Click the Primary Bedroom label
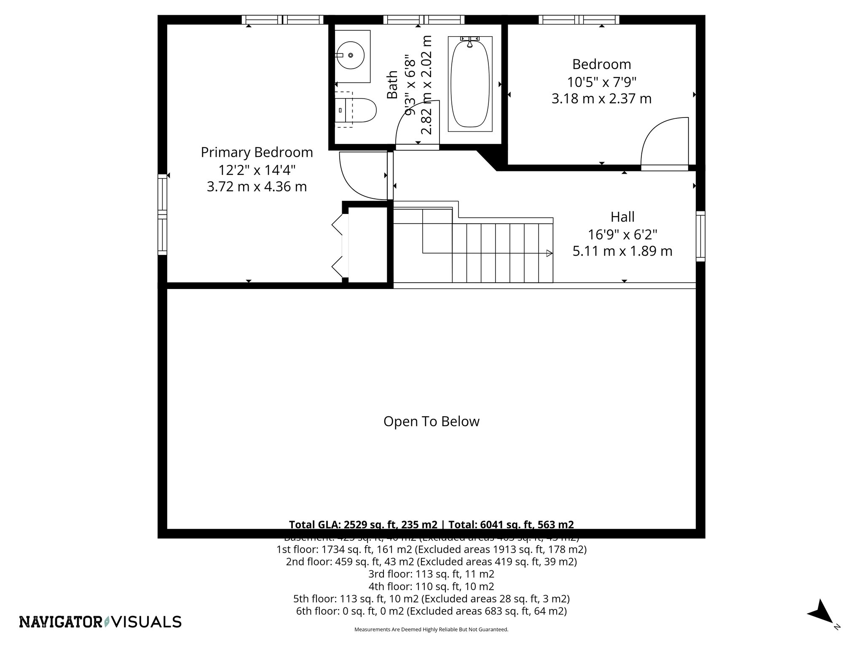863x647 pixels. pyautogui.click(x=257, y=152)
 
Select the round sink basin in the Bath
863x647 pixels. pyautogui.click(x=350, y=55)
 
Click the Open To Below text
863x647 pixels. pyautogui.click(x=431, y=422)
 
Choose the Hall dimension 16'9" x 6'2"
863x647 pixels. pyautogui.click(x=622, y=234)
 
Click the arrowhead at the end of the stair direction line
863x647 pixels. pyautogui.click(x=549, y=253)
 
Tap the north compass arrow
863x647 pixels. pyautogui.click(x=820, y=623)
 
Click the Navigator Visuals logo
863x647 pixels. pyautogui.click(x=100, y=622)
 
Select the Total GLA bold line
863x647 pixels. pyautogui.click(x=431, y=524)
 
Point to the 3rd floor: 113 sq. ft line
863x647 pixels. pyautogui.click(x=431, y=574)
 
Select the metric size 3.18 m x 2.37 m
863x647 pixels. pyautogui.click(x=601, y=99)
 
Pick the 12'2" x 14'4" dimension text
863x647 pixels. pyautogui.click(x=257, y=170)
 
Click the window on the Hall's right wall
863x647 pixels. pyautogui.click(x=700, y=236)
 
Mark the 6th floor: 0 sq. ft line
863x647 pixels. pyautogui.click(x=431, y=611)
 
